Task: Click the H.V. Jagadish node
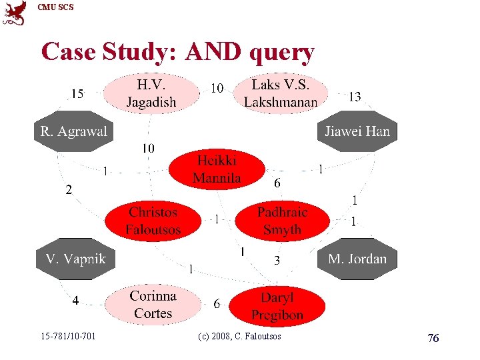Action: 152,93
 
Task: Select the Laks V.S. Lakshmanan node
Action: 280,93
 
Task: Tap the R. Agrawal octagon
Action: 73,131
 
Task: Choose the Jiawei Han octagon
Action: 357,131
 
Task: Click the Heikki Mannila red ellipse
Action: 217,169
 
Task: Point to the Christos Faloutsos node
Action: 153,221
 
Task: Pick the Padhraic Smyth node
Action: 283,221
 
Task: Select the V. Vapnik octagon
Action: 75,259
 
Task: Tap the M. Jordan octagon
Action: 357,259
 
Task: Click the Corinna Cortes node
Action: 153,304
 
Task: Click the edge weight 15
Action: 77,94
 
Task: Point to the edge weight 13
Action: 355,97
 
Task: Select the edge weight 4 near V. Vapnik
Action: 76,301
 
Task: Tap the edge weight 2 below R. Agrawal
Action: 68,191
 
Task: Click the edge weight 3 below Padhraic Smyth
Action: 277,262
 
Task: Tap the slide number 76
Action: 433,339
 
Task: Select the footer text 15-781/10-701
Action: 67,336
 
